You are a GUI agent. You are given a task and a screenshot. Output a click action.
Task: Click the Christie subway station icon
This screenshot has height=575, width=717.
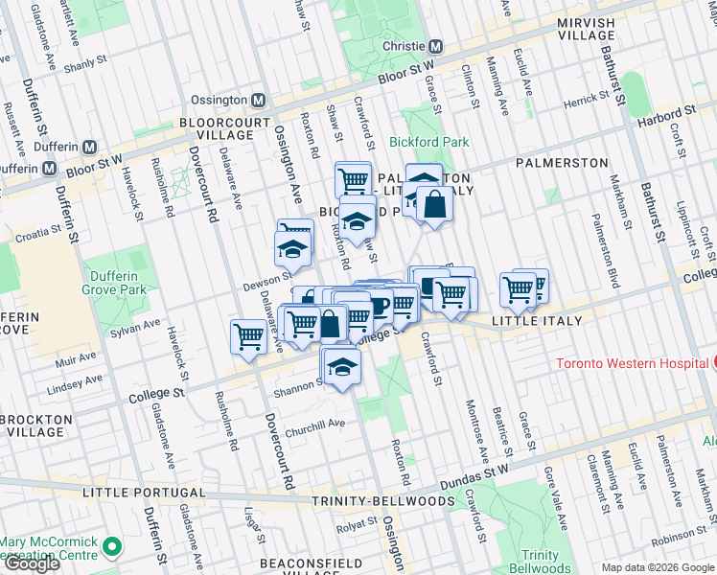coord(435,46)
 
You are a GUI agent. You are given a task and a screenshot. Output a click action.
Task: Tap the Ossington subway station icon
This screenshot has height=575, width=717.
coord(258,100)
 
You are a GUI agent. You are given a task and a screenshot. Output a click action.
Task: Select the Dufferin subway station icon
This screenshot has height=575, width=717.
coord(89,148)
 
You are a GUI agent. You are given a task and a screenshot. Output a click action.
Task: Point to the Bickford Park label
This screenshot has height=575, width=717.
coord(429,142)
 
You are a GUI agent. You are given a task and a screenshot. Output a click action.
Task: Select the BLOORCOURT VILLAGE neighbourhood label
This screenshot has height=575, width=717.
coord(216,128)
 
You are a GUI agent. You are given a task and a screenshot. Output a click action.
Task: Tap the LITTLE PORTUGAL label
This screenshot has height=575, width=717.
coord(144,492)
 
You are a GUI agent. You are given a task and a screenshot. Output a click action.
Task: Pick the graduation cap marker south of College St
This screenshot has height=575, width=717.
coord(342,366)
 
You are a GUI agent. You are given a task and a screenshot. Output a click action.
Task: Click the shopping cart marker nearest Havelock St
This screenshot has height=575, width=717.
coord(248,336)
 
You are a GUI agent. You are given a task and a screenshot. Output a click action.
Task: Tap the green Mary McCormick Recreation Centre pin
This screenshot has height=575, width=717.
coord(112,547)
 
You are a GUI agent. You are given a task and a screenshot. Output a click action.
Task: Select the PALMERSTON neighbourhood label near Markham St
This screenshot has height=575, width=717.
coord(562,163)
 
